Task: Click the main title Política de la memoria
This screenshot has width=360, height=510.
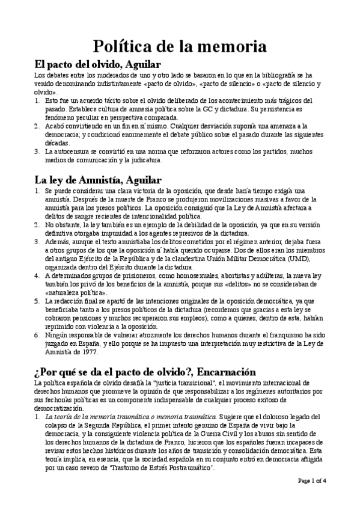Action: point(180,46)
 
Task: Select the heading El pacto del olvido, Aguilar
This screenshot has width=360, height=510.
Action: point(99,64)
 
